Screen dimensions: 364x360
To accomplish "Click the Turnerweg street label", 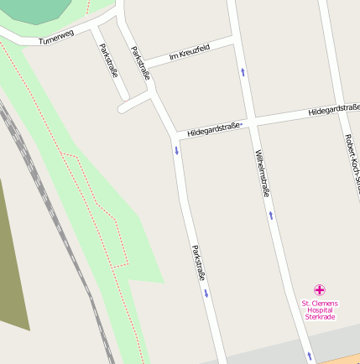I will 56,36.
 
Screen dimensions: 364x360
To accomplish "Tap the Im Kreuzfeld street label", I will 189,53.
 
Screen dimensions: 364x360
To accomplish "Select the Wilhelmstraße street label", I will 262,172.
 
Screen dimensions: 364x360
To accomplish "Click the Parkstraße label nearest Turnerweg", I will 108,60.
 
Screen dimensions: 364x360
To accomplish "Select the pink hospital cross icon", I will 319,289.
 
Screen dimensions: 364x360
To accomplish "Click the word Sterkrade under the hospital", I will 319,317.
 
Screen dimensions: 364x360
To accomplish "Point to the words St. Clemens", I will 319,302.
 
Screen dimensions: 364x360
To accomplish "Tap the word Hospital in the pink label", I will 319,309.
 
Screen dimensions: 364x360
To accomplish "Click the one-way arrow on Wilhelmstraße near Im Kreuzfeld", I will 243,72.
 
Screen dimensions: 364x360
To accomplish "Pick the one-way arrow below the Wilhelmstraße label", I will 271,216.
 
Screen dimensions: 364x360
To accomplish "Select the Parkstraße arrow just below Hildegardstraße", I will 177,150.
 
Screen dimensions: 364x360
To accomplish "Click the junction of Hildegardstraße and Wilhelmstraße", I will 251,121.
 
